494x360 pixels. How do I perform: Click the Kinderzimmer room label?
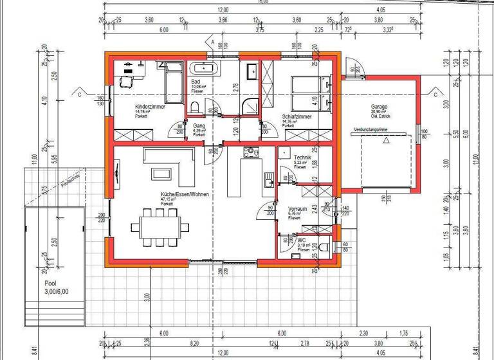click(151, 106)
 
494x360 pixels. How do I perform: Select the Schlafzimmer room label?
click(297, 117)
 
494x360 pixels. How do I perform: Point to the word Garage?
click(379, 106)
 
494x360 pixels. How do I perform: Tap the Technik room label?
click(303, 157)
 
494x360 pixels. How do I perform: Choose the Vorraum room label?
click(298, 210)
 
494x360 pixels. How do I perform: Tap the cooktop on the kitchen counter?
click(250, 152)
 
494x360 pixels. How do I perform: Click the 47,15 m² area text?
click(170, 199)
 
